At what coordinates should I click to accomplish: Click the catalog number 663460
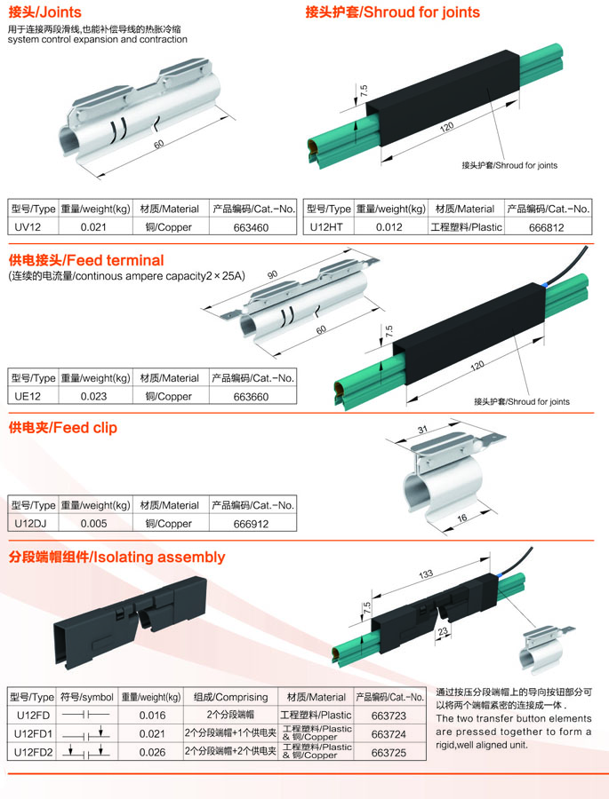(x=251, y=227)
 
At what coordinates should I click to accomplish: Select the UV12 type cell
(x=28, y=226)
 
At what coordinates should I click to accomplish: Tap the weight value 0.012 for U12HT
(x=389, y=227)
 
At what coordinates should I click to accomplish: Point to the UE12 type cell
(x=28, y=396)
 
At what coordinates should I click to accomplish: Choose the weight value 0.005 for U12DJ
(x=94, y=523)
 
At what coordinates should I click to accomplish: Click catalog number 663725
(x=389, y=752)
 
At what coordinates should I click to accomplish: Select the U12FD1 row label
(x=33, y=734)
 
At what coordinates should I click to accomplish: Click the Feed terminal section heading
(x=86, y=260)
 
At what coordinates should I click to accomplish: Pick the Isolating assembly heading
(x=116, y=557)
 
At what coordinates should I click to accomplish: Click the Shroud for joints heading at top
(x=393, y=12)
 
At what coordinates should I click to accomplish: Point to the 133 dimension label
(x=426, y=574)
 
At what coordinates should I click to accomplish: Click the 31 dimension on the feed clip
(x=422, y=430)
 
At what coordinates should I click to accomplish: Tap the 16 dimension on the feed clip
(x=462, y=518)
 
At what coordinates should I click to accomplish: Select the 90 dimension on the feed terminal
(x=273, y=274)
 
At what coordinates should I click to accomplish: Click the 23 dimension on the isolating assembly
(x=443, y=631)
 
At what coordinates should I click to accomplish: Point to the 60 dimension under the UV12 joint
(x=159, y=144)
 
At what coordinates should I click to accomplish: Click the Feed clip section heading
(x=63, y=428)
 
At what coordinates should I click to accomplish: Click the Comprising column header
(x=231, y=697)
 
